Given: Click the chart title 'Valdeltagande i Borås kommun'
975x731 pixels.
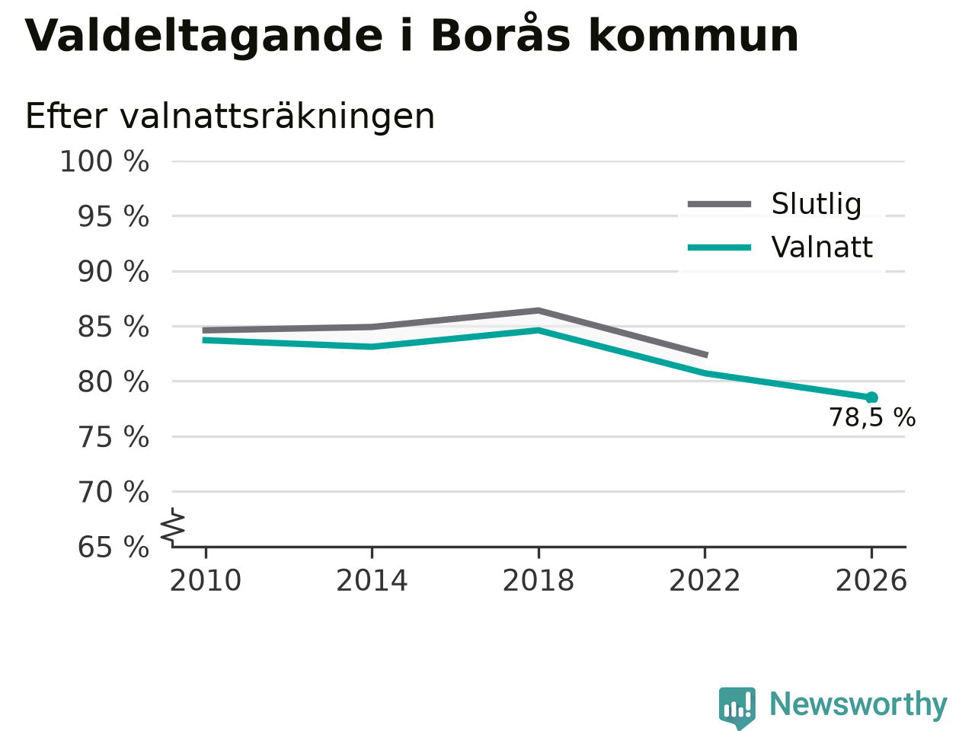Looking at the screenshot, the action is point(411,36).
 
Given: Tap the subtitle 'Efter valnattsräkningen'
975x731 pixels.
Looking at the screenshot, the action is point(229,117).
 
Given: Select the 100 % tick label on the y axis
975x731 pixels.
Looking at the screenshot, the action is point(104,161).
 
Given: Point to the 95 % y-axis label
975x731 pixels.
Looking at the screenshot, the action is point(113,216).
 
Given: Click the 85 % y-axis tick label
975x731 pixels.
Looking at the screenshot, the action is point(113,327).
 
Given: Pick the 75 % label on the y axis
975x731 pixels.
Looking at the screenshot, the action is point(113,437).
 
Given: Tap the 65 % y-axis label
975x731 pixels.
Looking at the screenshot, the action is point(113,547).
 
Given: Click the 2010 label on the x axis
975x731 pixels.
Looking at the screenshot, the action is point(205,580).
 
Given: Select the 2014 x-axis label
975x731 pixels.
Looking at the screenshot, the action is point(372,580).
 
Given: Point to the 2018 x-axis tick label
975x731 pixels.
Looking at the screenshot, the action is point(539,580).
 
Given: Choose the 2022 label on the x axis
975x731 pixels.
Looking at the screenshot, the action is point(705,580).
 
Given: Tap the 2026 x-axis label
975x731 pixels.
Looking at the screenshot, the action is point(871,580).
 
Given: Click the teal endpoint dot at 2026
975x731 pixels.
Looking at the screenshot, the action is point(871,397).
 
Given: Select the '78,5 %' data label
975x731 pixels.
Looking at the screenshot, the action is point(872,417).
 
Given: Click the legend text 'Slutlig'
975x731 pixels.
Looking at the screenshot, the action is point(817,205).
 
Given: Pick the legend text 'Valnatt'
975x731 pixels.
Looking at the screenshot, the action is point(822,247).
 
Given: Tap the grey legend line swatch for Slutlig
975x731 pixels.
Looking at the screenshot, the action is point(719,204).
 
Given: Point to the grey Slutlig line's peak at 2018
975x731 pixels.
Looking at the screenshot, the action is point(539,311).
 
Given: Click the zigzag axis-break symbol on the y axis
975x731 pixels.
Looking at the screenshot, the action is point(172,528).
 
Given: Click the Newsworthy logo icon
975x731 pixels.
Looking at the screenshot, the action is point(737,706).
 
